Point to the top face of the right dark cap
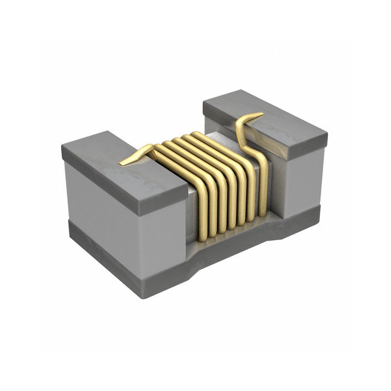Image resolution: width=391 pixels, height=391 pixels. click(x=274, y=117)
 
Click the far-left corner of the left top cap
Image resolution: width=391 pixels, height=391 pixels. click(x=62, y=147)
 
